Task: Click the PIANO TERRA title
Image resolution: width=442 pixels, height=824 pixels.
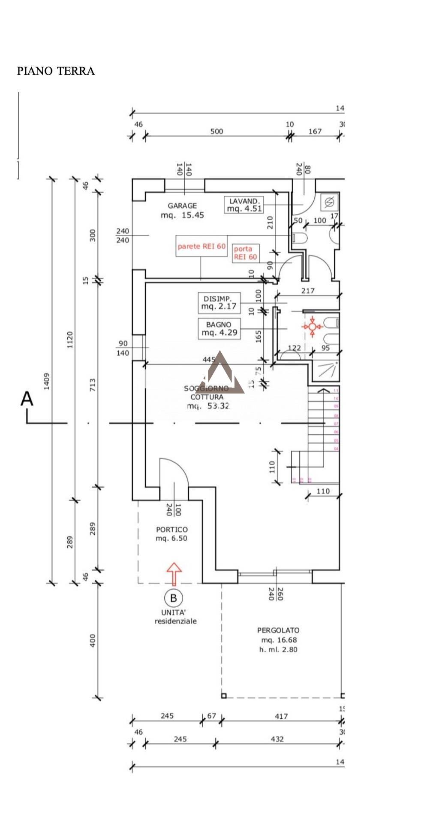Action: [x=56, y=71]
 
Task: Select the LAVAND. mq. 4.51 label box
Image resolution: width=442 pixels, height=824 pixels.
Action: [x=244, y=205]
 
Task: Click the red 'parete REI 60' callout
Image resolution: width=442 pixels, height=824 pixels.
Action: [x=201, y=246]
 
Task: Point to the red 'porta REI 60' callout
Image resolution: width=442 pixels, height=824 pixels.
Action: [x=245, y=253]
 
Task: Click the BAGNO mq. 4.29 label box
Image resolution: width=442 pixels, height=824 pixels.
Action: [x=219, y=329]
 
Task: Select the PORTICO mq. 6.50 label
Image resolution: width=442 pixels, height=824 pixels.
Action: [x=171, y=534]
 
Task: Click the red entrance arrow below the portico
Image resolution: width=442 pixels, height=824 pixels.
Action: [x=174, y=573]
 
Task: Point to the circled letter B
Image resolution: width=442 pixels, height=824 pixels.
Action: [x=174, y=598]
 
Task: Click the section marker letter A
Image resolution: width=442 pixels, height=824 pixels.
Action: [x=27, y=399]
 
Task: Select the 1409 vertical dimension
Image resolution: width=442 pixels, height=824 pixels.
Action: [x=47, y=381]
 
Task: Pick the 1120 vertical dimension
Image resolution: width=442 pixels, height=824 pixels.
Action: [x=70, y=339]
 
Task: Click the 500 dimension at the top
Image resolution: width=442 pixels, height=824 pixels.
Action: [x=217, y=131]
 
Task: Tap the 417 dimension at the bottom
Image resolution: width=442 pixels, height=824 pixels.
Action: [x=281, y=716]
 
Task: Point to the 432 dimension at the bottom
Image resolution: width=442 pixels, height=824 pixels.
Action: [x=278, y=739]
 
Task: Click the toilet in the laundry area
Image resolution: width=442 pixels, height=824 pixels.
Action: [x=299, y=238]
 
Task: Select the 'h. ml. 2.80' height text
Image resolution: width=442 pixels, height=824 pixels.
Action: [x=278, y=649]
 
